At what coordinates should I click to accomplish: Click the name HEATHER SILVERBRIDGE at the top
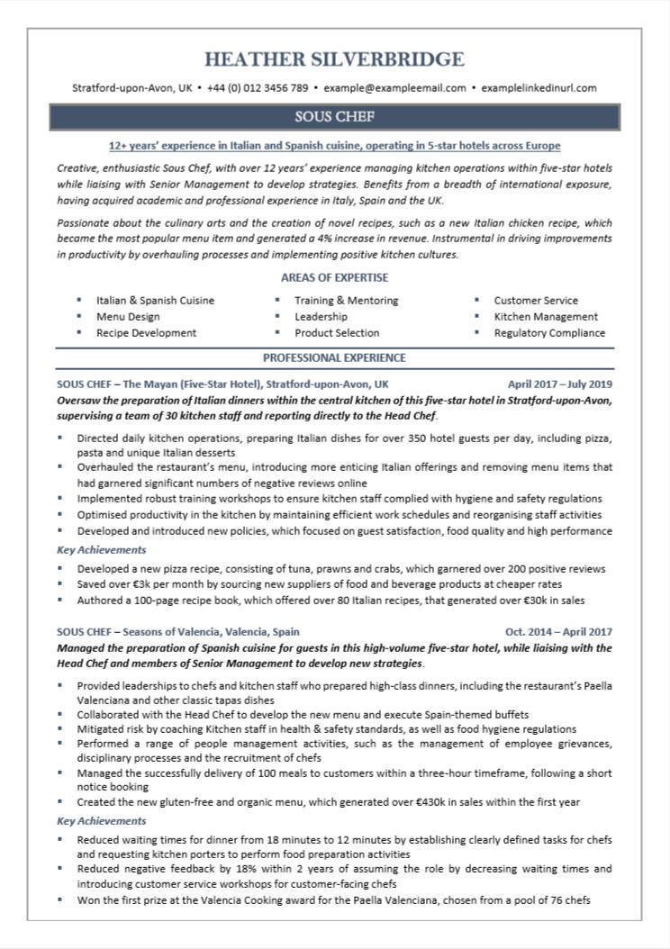coord(334,60)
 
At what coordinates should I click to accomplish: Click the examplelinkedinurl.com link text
coord(539,88)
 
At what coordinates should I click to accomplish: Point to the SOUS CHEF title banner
coord(334,117)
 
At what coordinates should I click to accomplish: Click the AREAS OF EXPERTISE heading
coord(334,278)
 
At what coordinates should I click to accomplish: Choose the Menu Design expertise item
coord(128,317)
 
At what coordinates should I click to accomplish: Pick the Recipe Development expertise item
coord(146,333)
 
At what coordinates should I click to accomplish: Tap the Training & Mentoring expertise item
coord(346,301)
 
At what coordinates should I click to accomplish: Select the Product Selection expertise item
coord(337,333)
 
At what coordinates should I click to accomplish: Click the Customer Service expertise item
coord(536,301)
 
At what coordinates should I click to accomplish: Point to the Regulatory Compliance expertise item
coord(549,333)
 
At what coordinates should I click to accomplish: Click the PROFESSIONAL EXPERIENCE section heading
coord(334,357)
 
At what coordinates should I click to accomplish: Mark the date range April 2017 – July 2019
coord(559,383)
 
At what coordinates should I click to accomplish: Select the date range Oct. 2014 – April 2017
coord(558,632)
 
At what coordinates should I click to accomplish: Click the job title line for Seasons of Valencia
coord(177,632)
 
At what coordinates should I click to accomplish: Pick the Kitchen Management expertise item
coord(546,317)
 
